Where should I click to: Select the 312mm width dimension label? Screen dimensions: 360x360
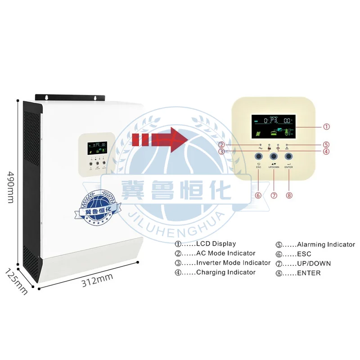click(x=97, y=283)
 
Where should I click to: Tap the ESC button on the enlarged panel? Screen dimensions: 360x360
click(x=259, y=156)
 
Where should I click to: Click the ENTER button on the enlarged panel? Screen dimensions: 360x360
click(x=289, y=156)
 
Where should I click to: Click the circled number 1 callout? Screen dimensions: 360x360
click(x=327, y=126)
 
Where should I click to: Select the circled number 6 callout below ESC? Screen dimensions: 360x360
click(x=258, y=195)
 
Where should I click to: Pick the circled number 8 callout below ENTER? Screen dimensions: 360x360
click(x=289, y=195)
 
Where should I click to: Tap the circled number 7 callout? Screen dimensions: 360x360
click(x=274, y=195)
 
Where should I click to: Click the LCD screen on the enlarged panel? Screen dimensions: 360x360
click(x=274, y=127)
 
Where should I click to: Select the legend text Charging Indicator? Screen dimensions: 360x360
click(x=225, y=272)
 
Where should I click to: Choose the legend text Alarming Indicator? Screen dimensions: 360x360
click(x=326, y=244)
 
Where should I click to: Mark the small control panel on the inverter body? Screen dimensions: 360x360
click(x=96, y=153)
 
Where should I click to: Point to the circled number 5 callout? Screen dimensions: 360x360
click(x=327, y=144)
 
